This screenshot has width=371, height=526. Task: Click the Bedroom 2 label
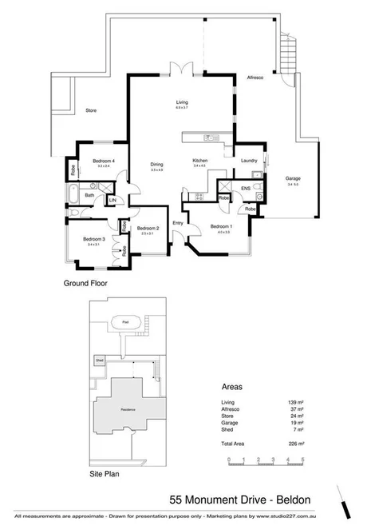point(147,229)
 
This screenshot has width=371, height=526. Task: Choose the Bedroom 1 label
point(221,226)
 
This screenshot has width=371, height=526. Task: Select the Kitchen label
point(199,161)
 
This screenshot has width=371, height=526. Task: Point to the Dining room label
point(156,165)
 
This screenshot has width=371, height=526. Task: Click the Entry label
point(177,223)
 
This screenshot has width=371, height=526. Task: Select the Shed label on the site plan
point(100,359)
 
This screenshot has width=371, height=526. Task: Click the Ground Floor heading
point(85,283)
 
